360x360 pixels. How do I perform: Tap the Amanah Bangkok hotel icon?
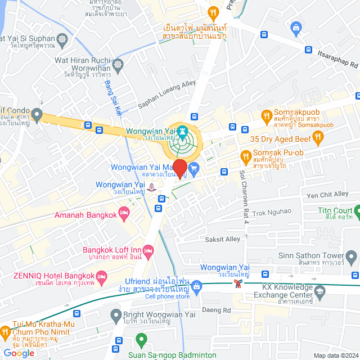point(124,211)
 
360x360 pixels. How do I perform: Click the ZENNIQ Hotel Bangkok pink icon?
point(102,276)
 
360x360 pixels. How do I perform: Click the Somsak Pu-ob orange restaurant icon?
point(245,156)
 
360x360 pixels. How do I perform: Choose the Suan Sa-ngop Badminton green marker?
point(141,339)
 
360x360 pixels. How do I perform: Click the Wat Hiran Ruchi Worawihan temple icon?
point(118,65)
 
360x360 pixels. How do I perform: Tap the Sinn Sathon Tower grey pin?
point(350,258)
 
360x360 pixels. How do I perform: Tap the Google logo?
point(19,353)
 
